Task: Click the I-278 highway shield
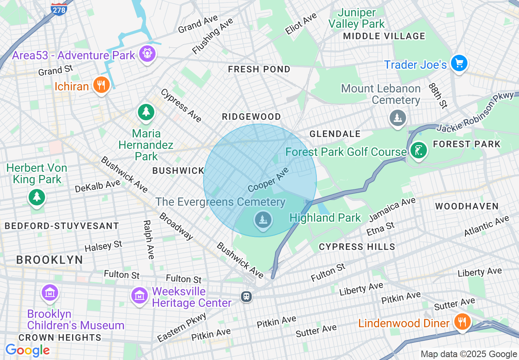point(59,9)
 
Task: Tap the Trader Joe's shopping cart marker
point(459,63)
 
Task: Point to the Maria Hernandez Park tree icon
point(146,112)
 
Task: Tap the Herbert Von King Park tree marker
point(37,197)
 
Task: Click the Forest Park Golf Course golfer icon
point(418,150)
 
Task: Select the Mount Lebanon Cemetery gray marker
point(397,118)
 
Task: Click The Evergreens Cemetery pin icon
point(263,220)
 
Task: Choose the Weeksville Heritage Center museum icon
point(140,295)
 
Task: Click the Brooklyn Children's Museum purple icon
point(50,292)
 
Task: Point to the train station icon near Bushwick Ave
point(246,296)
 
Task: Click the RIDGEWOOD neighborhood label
point(251,117)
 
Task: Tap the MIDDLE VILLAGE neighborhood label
point(384,36)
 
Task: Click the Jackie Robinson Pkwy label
point(475,112)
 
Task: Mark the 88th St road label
point(438,96)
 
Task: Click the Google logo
point(27,350)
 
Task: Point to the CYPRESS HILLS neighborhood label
point(357,247)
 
